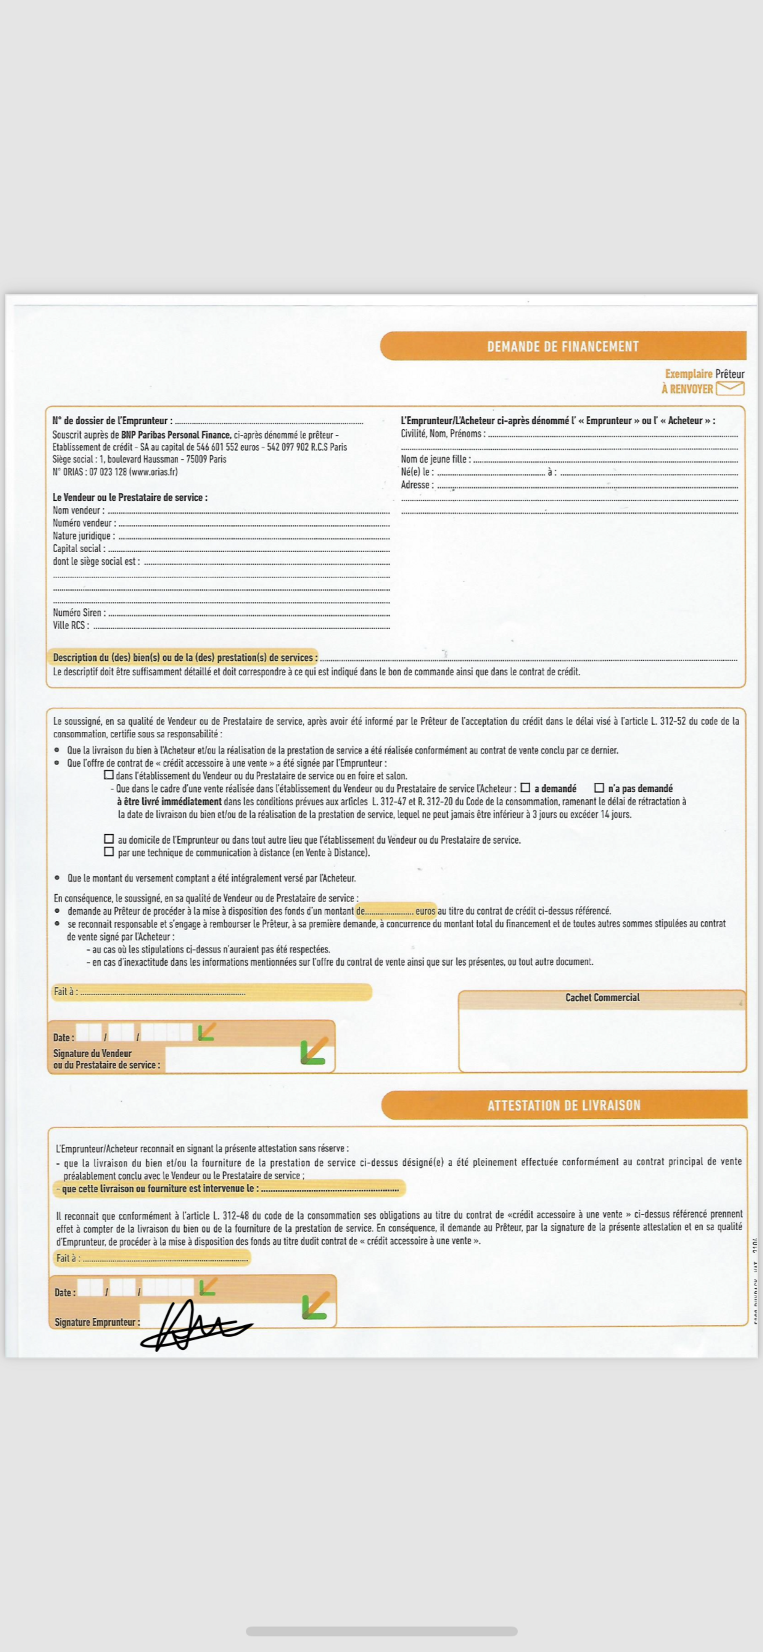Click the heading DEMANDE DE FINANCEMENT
point(562,346)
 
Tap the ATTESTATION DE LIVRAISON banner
point(563,1105)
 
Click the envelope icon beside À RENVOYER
point(730,389)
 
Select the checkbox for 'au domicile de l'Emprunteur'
point(109,839)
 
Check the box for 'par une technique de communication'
point(109,852)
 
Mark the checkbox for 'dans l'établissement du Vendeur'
point(109,775)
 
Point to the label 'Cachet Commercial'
point(602,997)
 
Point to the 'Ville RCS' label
point(71,625)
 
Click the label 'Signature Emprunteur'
point(96,1322)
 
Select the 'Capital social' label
point(78,549)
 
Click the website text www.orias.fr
point(153,472)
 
